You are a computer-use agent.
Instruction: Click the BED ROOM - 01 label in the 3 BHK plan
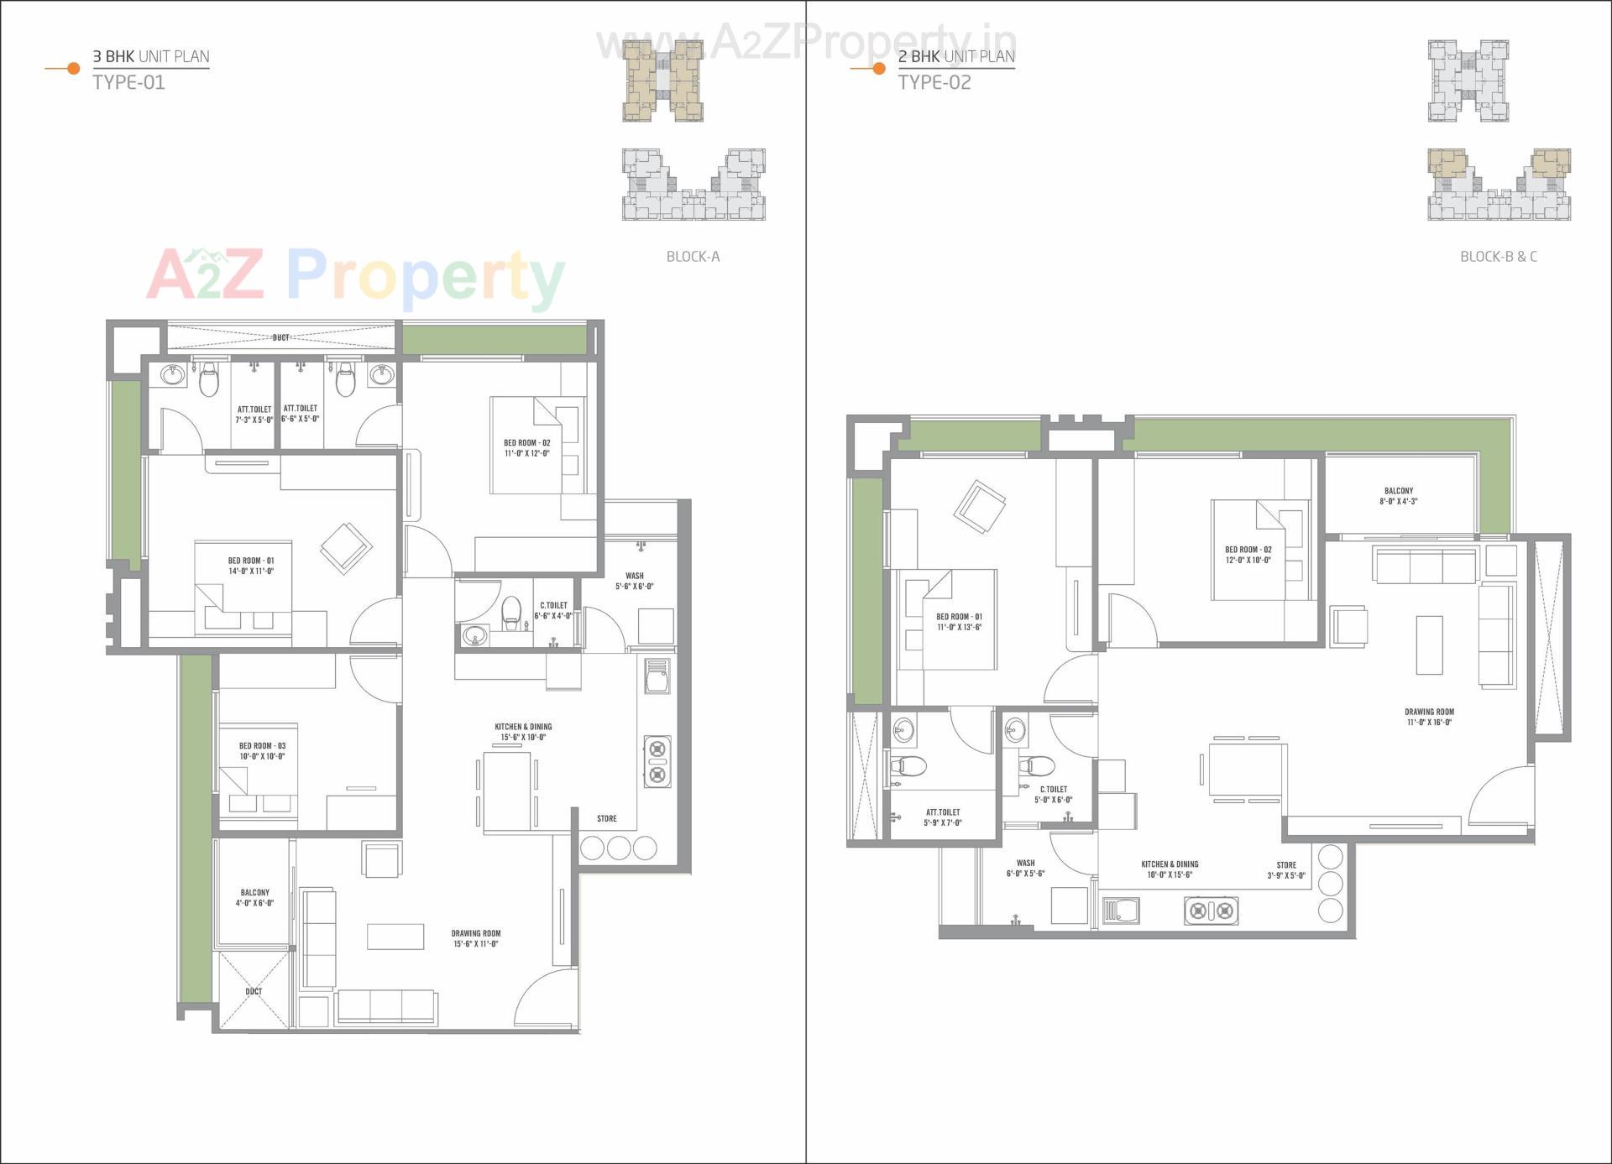pyautogui.click(x=251, y=566)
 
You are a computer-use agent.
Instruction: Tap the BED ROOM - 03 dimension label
pyautogui.click(x=262, y=756)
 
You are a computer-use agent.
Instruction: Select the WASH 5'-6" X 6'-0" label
pyautogui.click(x=634, y=582)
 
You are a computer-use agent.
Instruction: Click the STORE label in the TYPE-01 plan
pyautogui.click(x=606, y=818)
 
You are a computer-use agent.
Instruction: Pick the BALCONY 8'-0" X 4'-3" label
pyautogui.click(x=1398, y=496)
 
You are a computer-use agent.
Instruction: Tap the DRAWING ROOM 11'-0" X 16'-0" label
pyautogui.click(x=1429, y=717)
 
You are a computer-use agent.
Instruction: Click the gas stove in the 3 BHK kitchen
pyautogui.click(x=657, y=761)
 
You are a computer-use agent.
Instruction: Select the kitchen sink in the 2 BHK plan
pyautogui.click(x=1122, y=911)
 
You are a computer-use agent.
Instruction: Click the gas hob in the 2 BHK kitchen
pyautogui.click(x=1211, y=910)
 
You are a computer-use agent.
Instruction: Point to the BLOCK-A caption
pyautogui.click(x=693, y=257)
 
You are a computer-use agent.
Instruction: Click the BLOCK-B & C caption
pyautogui.click(x=1498, y=257)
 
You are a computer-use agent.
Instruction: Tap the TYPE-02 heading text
pyautogui.click(x=934, y=82)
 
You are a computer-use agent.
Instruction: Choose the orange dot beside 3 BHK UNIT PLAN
pyautogui.click(x=73, y=68)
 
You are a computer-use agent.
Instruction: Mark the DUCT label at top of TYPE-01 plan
pyautogui.click(x=280, y=337)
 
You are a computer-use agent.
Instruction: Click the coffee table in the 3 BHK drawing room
pyautogui.click(x=395, y=937)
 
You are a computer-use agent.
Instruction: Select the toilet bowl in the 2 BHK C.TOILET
pyautogui.click(x=1038, y=765)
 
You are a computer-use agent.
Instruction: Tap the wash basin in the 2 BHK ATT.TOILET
pyautogui.click(x=903, y=729)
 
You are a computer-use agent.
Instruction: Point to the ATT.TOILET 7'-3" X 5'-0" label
pyautogui.click(x=254, y=415)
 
